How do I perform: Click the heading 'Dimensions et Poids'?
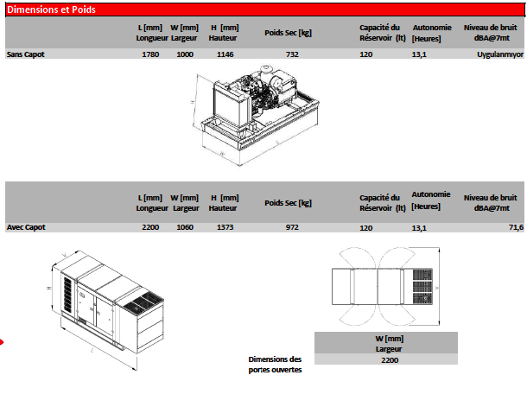51,10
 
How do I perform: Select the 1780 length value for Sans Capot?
149,54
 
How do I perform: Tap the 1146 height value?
225,54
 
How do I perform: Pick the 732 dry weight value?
292,54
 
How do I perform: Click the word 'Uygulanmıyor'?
500,54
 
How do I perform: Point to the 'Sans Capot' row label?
25,54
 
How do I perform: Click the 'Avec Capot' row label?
26,227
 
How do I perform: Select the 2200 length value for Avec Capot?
149,227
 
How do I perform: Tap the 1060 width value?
185,227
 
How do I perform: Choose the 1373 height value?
225,227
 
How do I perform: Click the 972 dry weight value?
292,227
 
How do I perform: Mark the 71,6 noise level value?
515,227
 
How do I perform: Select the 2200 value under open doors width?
390,360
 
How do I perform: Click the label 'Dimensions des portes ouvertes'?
275,364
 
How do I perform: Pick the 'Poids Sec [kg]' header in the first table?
288,32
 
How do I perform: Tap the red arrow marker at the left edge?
3,343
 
